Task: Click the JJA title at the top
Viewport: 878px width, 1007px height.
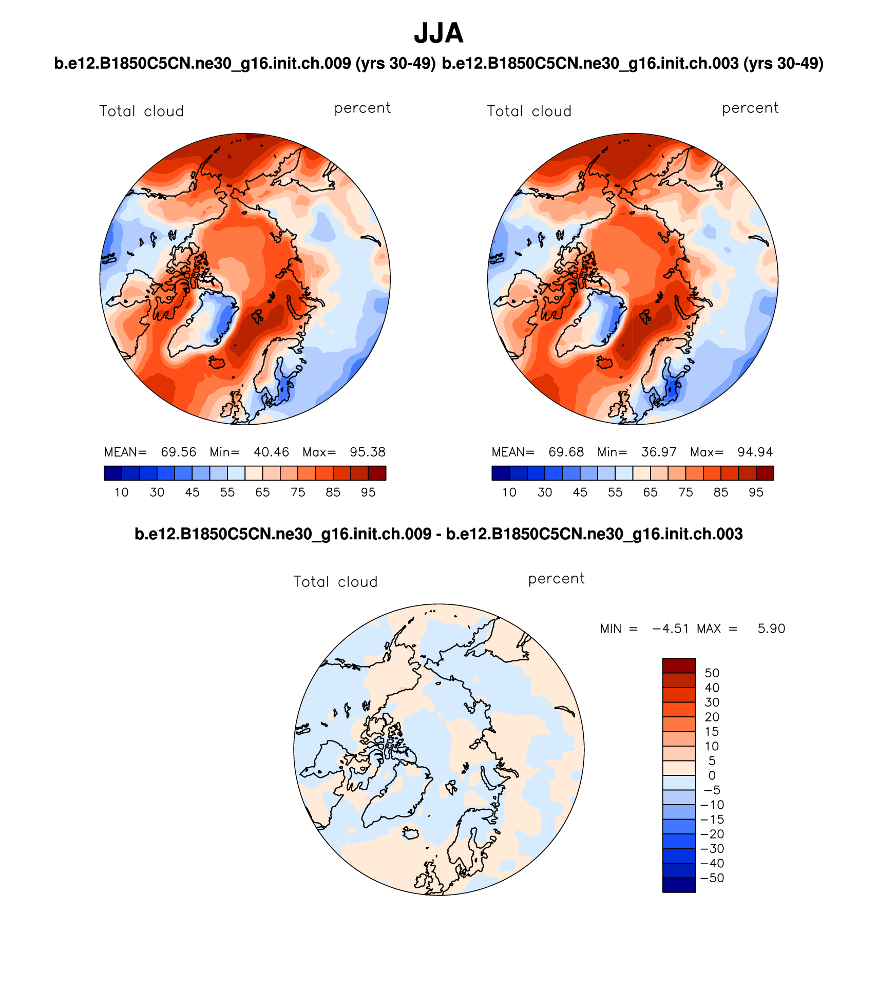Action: (438, 34)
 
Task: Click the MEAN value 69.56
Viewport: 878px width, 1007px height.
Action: (178, 452)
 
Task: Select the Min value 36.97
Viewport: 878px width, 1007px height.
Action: (659, 452)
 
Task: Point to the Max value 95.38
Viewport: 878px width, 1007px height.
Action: (367, 452)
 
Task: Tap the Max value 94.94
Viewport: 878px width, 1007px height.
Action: (755, 452)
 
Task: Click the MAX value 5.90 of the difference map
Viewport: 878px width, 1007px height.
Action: (771, 629)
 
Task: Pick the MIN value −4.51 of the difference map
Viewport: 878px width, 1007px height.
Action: (670, 629)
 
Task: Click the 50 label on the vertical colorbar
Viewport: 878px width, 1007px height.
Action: (712, 673)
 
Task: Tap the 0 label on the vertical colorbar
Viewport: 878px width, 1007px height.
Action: (712, 775)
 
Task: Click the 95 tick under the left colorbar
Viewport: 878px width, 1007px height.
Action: (368, 492)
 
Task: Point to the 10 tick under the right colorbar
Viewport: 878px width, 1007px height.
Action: (509, 492)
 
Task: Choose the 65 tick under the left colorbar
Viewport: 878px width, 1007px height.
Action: (262, 492)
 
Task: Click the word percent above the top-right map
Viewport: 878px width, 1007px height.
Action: (750, 108)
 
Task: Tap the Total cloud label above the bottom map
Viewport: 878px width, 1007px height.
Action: (335, 582)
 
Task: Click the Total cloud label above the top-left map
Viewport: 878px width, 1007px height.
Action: (141, 111)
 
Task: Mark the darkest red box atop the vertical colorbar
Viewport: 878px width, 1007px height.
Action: (679, 666)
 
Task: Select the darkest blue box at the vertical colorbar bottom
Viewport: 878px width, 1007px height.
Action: (679, 885)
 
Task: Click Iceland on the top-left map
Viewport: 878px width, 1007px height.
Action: (217, 363)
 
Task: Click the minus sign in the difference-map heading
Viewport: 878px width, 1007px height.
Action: (438, 535)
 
